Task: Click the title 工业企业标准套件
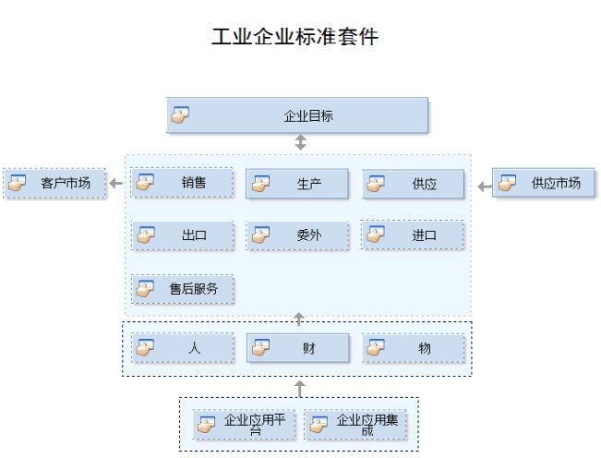click(294, 38)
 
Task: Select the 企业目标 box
click(297, 116)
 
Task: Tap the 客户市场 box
click(54, 183)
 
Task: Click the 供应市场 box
click(543, 183)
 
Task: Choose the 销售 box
click(182, 183)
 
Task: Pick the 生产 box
click(297, 184)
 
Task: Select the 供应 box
click(413, 184)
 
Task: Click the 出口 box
click(182, 235)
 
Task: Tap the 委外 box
click(297, 235)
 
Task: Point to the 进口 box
click(413, 235)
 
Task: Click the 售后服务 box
click(182, 289)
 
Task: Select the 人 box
click(182, 348)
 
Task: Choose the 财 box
click(297, 348)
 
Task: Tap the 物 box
click(413, 348)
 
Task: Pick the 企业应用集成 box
click(355, 425)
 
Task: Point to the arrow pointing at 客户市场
click(116, 184)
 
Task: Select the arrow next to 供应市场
click(483, 187)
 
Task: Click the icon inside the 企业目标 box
click(181, 114)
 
